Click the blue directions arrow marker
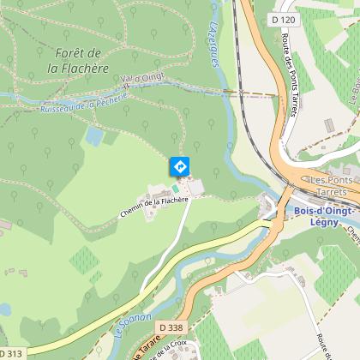[x=180, y=165]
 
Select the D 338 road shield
[x=170, y=327]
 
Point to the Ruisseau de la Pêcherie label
[x=83, y=104]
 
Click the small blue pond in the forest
[x=94, y=136]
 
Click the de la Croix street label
[x=171, y=350]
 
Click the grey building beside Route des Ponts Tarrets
[x=328, y=125]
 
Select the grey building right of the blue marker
[x=196, y=186]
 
